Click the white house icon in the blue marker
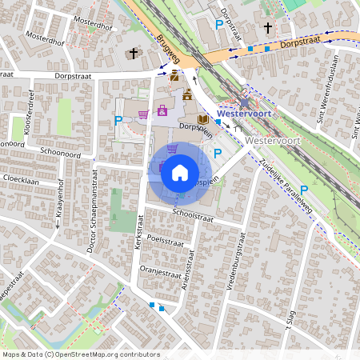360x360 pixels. [x=180, y=173]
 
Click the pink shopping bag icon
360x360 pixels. [x=162, y=111]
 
